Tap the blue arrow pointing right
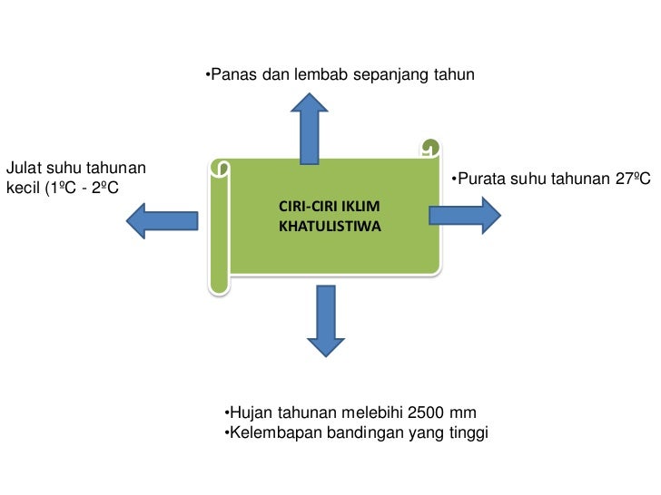click(464, 214)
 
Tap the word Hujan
click(252, 412)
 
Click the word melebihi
click(371, 412)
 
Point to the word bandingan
click(361, 432)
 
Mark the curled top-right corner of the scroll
click(429, 147)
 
